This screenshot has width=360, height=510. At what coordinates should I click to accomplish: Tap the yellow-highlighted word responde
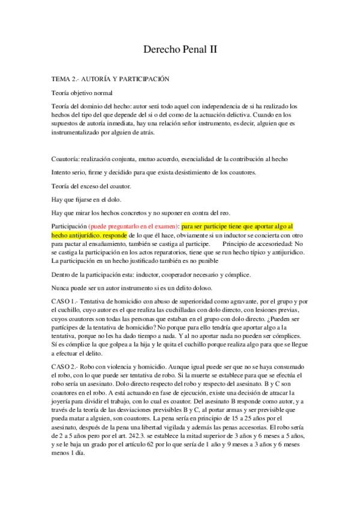[111, 235]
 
